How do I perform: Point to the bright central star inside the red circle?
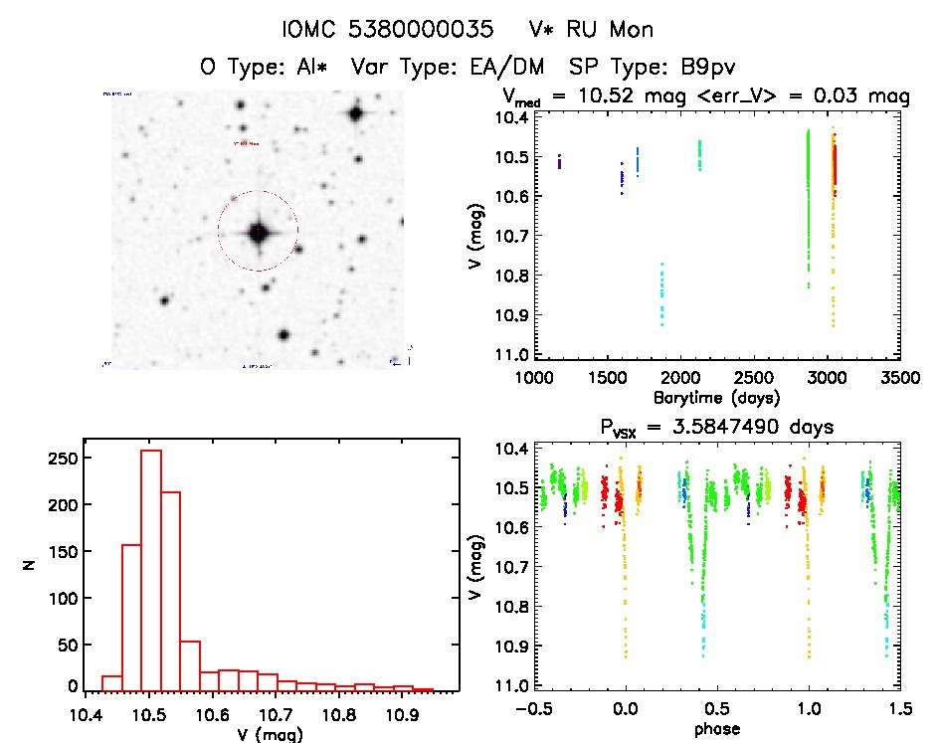click(x=259, y=232)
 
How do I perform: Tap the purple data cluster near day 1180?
click(x=559, y=162)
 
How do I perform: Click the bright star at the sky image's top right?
click(x=355, y=113)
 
